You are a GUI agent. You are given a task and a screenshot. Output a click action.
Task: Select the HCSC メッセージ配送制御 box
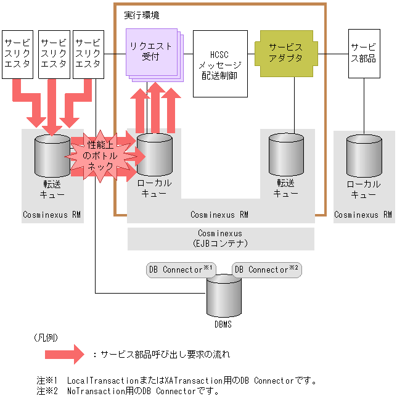pyautogui.click(x=220, y=64)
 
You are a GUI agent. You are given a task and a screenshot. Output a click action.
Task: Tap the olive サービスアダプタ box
pyautogui.click(x=286, y=54)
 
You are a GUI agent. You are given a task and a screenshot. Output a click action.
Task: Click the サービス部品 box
pyautogui.click(x=364, y=54)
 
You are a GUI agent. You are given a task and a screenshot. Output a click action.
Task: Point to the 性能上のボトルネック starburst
pyautogui.click(x=100, y=156)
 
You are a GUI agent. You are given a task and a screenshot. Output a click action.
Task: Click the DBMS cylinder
pyautogui.click(x=224, y=296)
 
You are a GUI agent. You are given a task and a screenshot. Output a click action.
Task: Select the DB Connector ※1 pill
pyautogui.click(x=181, y=270)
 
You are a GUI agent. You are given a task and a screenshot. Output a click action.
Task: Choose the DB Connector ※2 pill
pyautogui.click(x=267, y=270)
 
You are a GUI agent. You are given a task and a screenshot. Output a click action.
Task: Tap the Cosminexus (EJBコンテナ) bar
pyautogui.click(x=221, y=239)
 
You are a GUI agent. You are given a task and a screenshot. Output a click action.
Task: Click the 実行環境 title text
pyautogui.click(x=142, y=15)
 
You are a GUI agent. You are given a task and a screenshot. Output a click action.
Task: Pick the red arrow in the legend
pyautogui.click(x=64, y=354)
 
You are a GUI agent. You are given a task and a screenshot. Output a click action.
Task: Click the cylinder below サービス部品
pyautogui.click(x=364, y=155)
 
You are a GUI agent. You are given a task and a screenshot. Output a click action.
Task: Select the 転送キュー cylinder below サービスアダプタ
pyautogui.click(x=286, y=155)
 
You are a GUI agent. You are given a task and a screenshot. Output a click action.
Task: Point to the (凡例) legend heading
pyautogui.click(x=46, y=337)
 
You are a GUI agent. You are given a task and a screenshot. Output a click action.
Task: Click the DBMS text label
pyautogui.click(x=223, y=324)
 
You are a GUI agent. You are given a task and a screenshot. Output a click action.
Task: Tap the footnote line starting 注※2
pyautogui.click(x=128, y=391)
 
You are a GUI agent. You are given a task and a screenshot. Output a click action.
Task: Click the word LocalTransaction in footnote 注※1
pyautogui.click(x=103, y=381)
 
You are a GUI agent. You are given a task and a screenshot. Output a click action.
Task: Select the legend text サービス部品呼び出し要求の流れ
pyautogui.click(x=165, y=355)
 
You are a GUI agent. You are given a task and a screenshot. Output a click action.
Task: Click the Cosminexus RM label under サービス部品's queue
pyautogui.click(x=363, y=215)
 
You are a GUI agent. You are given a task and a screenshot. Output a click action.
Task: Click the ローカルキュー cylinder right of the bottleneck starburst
pyautogui.click(x=155, y=155)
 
